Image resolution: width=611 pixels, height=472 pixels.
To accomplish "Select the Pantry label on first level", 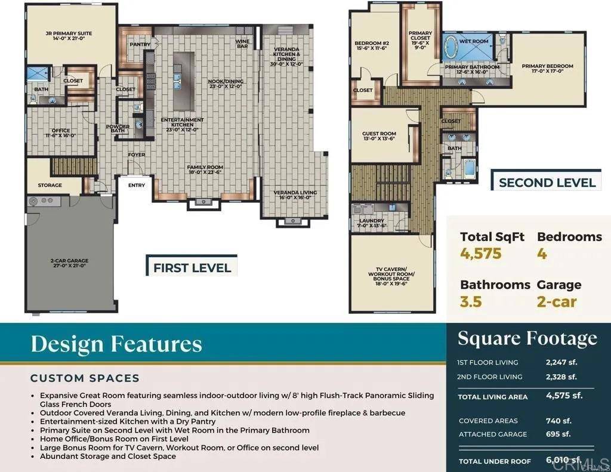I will tap(140, 44).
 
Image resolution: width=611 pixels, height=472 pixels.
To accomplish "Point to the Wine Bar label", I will tap(242, 43).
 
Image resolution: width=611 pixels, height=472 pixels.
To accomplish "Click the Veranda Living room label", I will tap(295, 195).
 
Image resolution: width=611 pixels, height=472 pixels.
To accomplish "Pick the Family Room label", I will tap(205, 169).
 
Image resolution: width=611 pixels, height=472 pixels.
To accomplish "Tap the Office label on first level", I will tap(61, 132).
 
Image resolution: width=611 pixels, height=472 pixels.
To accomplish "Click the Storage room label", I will tap(50, 185).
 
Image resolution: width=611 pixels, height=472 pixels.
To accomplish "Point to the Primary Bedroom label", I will tap(547, 69).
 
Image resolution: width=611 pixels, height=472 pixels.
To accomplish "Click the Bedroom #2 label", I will tap(371, 45).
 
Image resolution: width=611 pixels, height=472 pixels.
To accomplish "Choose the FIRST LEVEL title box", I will tap(192, 267).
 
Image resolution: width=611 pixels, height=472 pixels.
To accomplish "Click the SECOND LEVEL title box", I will tap(547, 183).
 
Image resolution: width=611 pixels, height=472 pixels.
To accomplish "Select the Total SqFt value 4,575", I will tap(481, 254).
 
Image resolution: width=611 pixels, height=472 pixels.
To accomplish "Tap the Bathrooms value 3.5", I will tap(471, 301).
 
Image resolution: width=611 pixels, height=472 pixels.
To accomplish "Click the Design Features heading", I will tap(116, 344).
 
